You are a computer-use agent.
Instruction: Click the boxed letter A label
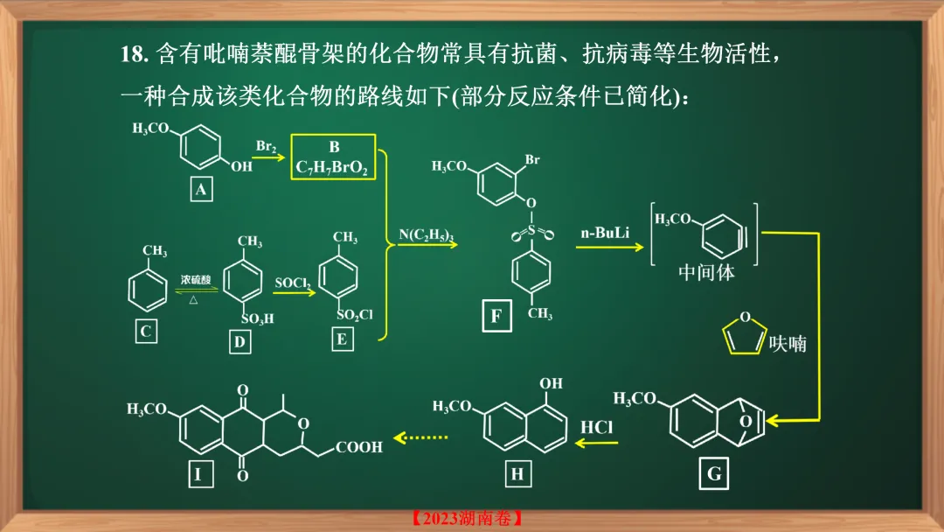pos(201,189)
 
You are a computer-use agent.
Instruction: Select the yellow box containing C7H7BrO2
pos(333,157)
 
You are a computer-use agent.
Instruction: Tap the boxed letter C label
pos(146,332)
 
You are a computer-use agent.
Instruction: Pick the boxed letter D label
pos(239,342)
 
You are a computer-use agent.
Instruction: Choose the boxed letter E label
pos(343,339)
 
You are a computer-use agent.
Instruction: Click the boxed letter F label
pos(496,316)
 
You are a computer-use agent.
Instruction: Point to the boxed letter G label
pos(714,473)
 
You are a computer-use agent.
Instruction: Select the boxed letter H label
pos(517,474)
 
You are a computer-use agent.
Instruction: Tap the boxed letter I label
pos(198,474)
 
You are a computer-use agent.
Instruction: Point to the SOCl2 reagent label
pos(292,283)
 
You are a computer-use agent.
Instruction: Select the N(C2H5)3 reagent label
pos(426,234)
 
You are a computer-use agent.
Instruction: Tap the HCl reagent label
pos(596,426)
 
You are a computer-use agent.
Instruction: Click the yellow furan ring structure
pos(743,335)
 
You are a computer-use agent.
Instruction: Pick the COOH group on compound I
pos(358,447)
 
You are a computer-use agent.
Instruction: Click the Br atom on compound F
pos(532,161)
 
